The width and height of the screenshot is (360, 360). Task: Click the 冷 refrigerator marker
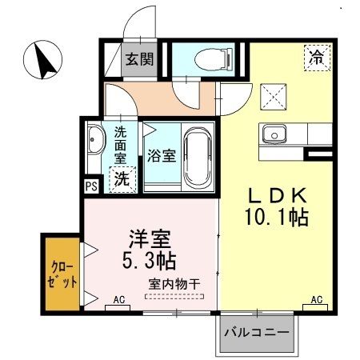coord(317,57)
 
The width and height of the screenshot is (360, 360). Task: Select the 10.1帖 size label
coord(277,217)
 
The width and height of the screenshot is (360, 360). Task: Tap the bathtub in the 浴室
coord(197,156)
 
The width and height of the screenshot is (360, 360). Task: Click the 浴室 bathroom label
coord(162,156)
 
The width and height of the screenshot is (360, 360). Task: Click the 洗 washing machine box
coord(122,179)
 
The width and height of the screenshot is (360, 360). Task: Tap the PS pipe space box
coord(90,187)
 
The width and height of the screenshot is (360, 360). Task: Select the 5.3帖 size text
coord(150,262)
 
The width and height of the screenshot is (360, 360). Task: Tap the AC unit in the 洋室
coord(119,300)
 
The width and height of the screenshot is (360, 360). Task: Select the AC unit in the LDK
coord(316,300)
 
